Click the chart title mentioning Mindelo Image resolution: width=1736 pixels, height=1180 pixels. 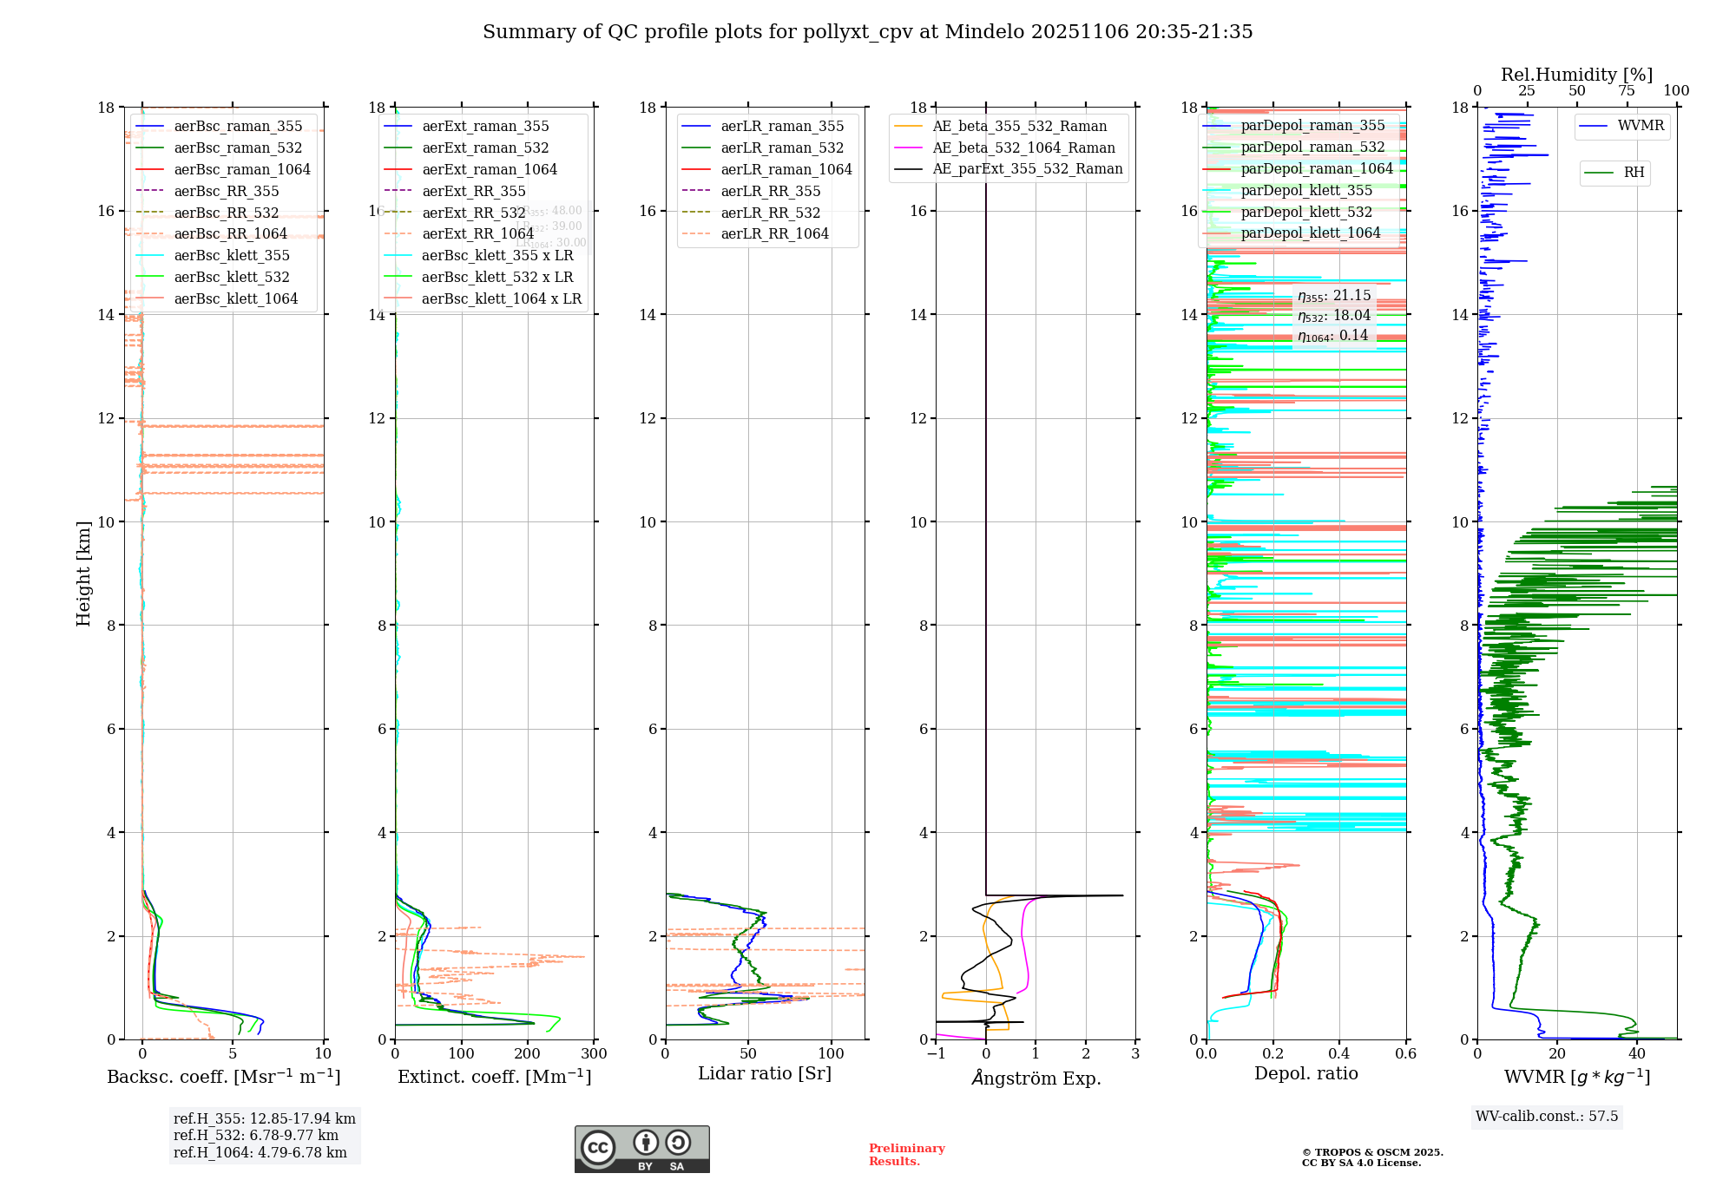(867, 32)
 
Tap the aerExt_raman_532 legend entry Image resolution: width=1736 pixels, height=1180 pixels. (485, 147)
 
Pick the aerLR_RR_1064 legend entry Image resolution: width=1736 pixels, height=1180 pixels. (774, 233)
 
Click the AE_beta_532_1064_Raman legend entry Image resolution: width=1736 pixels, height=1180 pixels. (1023, 147)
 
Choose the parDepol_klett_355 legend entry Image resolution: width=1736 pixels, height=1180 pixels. (1306, 190)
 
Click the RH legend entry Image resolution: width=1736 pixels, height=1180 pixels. (1634, 173)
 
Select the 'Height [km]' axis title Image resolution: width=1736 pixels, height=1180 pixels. (83, 573)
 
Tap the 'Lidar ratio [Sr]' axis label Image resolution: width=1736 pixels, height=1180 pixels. (765, 1073)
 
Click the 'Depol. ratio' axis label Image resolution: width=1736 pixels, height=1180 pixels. (1305, 1073)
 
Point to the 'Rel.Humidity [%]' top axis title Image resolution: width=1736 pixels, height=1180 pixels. (1576, 75)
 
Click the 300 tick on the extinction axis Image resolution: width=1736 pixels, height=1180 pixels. (594, 1053)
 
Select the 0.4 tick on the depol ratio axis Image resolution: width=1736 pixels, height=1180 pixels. (1339, 1053)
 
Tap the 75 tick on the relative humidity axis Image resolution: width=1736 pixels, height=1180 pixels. (1626, 91)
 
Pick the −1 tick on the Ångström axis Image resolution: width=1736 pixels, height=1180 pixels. (936, 1053)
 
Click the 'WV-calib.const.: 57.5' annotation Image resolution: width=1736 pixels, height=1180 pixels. (1547, 1116)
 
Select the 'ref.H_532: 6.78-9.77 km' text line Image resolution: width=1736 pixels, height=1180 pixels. (255, 1135)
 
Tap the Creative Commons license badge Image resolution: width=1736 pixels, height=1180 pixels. (641, 1149)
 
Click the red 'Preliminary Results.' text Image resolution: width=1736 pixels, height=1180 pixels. (906, 1154)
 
